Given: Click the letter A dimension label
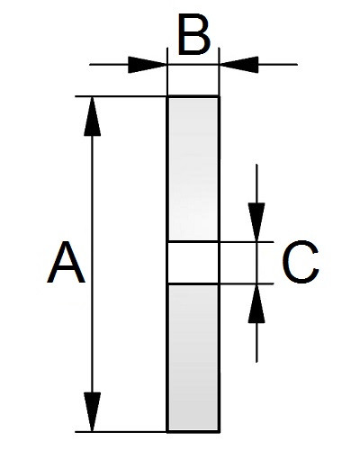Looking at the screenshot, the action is coord(67,263).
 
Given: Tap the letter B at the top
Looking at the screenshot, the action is coord(194,35).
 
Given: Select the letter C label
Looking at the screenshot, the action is coord(301,262).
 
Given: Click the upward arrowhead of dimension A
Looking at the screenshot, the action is coord(92,116).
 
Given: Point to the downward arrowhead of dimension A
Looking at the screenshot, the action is coord(92,411).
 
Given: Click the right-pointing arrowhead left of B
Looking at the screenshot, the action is coord(148,65).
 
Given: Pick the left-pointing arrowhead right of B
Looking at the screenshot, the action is coord(238,65).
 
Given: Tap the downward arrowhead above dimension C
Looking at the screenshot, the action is coord(256,222).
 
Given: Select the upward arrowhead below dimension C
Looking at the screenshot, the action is coord(256,303).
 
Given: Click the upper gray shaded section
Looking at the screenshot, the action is coord(193,169).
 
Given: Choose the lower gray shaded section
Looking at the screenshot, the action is coord(193,357).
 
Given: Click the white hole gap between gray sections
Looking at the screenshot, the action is coord(193,263).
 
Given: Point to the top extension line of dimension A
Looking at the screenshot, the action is coord(121,96).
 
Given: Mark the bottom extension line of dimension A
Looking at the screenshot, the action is coord(121,432).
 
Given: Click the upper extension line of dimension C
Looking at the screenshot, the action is coord(247,241).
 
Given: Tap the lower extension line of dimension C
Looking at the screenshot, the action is coord(247,283).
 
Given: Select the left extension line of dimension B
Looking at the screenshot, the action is coord(167,71).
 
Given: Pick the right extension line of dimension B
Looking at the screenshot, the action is coord(219,71).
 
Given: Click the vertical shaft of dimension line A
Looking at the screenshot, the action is coord(92,264).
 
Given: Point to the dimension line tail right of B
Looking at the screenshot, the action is coord(278,65).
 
